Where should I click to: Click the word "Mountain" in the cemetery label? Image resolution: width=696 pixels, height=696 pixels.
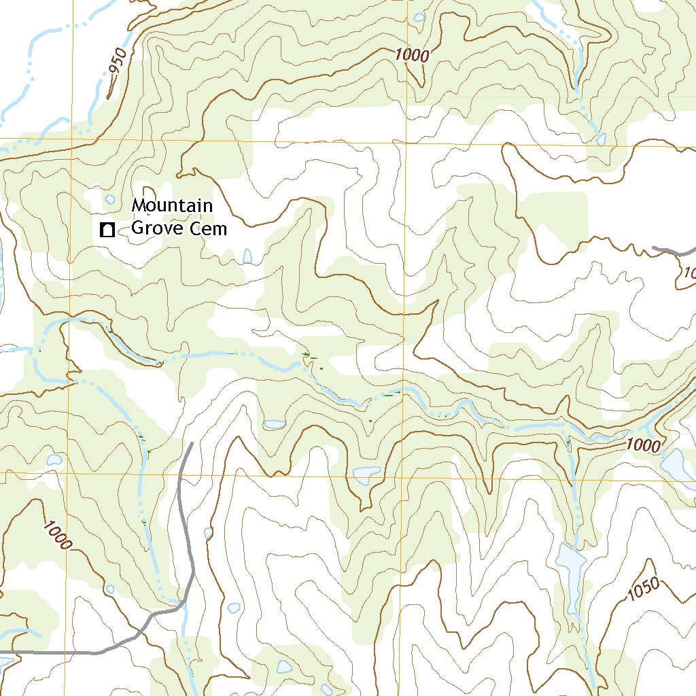pyautogui.click(x=172, y=205)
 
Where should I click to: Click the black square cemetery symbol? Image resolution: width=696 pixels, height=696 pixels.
pyautogui.click(x=106, y=230)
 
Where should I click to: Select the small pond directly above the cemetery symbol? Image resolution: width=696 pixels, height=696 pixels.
pyautogui.click(x=110, y=199)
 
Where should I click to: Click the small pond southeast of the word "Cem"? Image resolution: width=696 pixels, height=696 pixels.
pyautogui.click(x=247, y=256)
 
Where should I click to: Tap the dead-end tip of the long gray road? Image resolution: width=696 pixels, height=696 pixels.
pyautogui.click(x=191, y=444)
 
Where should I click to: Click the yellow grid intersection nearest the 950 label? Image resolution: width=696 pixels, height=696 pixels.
pyautogui.click(x=71, y=139)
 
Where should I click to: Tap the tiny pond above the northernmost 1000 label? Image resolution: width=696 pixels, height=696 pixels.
pyautogui.click(x=419, y=17)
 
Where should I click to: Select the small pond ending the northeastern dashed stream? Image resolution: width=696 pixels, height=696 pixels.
pyautogui.click(x=600, y=139)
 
